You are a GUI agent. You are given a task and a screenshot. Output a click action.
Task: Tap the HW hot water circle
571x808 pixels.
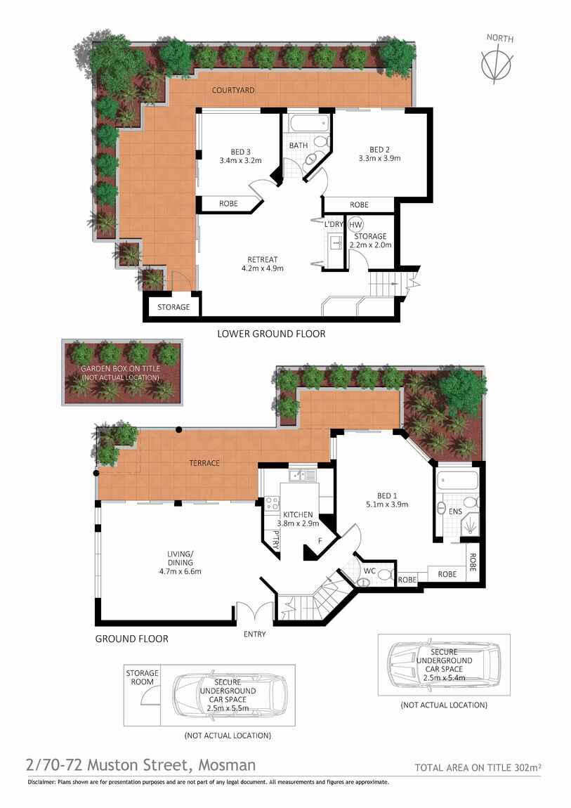pyautogui.click(x=355, y=225)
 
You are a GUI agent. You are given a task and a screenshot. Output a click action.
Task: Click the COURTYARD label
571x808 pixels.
pyautogui.click(x=233, y=91)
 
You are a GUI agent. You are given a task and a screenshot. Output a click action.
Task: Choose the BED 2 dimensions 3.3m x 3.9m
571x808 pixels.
pyautogui.click(x=379, y=158)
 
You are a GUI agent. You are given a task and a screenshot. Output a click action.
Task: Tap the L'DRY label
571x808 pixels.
pyautogui.click(x=333, y=224)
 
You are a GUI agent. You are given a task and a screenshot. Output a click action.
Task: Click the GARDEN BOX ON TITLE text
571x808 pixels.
pyautogui.click(x=120, y=369)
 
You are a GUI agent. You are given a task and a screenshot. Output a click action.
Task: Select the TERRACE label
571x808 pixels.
pyautogui.click(x=204, y=463)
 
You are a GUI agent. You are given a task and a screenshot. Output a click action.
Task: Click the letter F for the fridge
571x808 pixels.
pyautogui.click(x=320, y=541)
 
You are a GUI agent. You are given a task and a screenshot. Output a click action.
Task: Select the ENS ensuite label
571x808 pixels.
pyautogui.click(x=455, y=511)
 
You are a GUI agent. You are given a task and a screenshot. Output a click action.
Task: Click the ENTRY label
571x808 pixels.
pyautogui.click(x=254, y=634)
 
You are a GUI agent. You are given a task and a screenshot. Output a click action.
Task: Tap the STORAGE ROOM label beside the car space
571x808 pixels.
pyautogui.click(x=142, y=678)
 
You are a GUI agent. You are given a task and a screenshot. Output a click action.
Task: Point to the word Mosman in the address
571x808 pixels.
pyautogui.click(x=227, y=764)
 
